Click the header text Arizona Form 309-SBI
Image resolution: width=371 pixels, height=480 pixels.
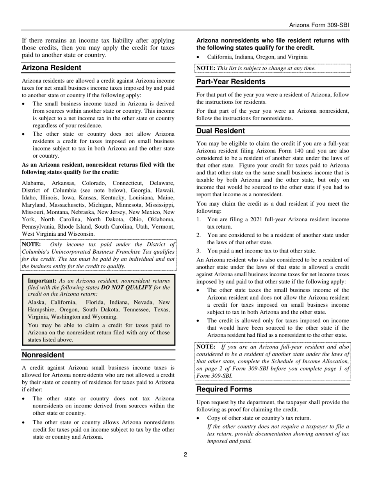pos(319,25)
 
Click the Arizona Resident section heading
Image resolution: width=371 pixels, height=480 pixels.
pos(52,68)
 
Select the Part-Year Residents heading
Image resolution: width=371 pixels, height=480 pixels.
pos(231,82)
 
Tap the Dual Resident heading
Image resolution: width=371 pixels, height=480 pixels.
pos(221,131)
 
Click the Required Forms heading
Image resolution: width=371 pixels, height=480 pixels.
pos(224,389)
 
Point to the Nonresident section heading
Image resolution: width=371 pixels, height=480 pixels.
pos(43,355)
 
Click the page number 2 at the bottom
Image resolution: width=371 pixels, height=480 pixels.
pos(185,454)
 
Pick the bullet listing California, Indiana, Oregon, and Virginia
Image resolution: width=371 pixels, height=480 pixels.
pos(257,57)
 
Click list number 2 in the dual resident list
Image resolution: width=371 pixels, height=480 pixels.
pos(199,235)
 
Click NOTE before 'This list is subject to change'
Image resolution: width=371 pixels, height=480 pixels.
pos(205,68)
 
